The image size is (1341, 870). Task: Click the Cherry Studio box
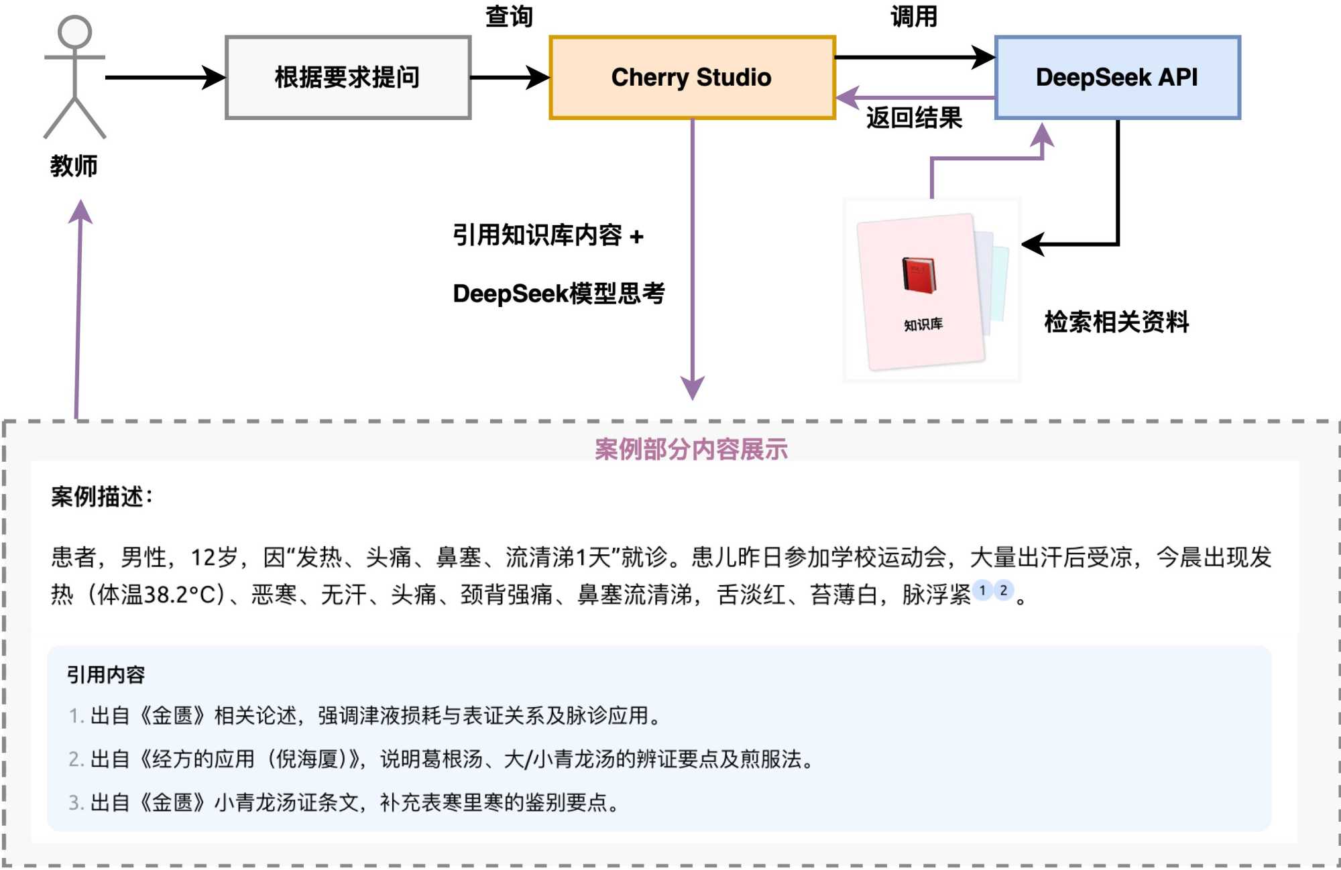692,78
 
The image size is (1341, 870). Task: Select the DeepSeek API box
1117,78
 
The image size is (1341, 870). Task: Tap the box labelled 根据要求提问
348,78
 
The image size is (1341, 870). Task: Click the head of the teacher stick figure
74,32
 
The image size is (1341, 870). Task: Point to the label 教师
74,166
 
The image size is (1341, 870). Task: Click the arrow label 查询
509,16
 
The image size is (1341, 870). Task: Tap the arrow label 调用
914,16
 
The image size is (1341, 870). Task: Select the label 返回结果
914,118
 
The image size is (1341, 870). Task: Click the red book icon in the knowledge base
919,275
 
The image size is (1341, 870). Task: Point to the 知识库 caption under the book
923,325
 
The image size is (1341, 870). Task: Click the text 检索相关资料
1116,322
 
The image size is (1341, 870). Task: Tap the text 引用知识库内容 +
548,235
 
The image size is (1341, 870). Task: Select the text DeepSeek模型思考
559,294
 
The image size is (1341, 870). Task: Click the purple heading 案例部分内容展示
691,449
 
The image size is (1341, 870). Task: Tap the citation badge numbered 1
982,591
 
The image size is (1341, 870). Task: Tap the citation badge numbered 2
1003,591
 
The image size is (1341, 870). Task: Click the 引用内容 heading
106,674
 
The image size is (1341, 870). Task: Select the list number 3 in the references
75,802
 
